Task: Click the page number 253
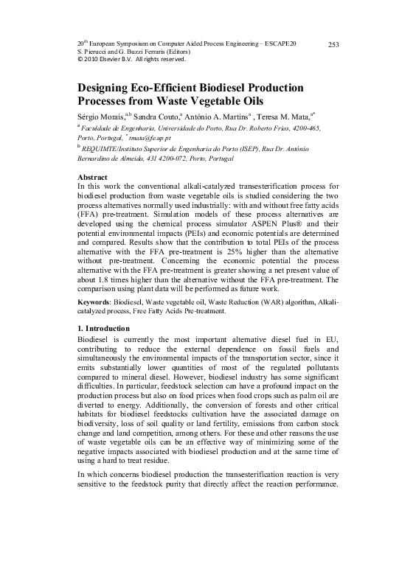point(333,46)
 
